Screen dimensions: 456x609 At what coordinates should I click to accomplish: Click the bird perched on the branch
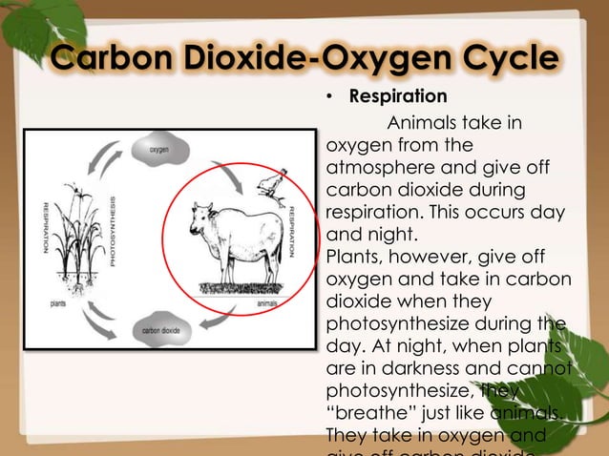point(273,185)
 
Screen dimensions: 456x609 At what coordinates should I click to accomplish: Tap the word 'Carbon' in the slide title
point(104,58)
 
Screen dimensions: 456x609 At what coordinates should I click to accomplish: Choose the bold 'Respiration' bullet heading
point(398,96)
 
